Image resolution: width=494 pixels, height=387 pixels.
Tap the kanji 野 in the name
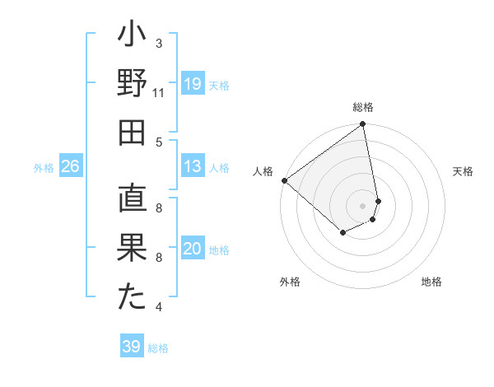(131, 84)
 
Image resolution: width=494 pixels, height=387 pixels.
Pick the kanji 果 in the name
(131, 248)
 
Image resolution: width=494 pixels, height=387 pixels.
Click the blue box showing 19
(193, 84)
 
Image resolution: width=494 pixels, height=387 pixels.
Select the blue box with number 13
(193, 166)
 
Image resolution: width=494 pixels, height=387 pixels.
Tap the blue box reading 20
(193, 249)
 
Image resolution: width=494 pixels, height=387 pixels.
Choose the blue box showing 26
(70, 166)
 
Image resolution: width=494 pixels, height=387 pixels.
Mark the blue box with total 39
(131, 347)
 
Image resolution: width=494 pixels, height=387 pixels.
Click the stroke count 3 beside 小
(159, 43)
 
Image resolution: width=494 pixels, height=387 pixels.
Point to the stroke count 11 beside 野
(159, 92)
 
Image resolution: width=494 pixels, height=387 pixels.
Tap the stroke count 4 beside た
(159, 307)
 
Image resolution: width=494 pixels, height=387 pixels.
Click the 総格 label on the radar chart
(363, 107)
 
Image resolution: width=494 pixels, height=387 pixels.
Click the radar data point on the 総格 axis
(363, 125)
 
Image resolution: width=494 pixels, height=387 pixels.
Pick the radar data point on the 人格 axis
(284, 180)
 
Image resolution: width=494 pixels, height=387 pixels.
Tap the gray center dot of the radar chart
(363, 205)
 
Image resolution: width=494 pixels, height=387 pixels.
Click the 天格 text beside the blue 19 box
(219, 85)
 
